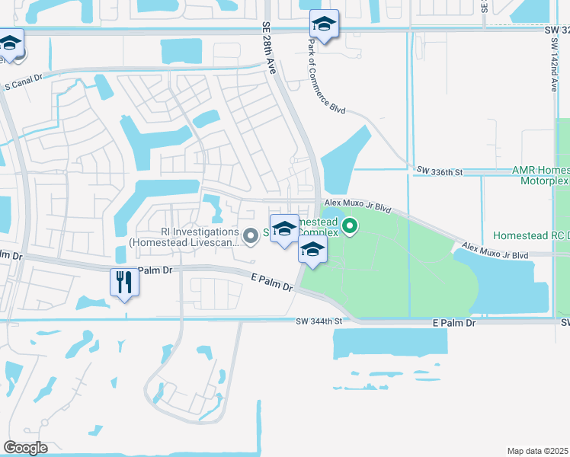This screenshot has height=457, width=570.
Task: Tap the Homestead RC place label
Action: click(531, 235)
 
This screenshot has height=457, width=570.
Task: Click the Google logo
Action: click(25, 448)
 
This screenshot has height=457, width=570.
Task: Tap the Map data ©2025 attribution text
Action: click(538, 451)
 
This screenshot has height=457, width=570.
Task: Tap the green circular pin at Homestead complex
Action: click(350, 225)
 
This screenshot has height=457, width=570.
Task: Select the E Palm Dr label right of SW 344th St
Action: click(453, 323)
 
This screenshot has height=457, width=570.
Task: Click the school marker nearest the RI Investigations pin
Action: click(284, 228)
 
